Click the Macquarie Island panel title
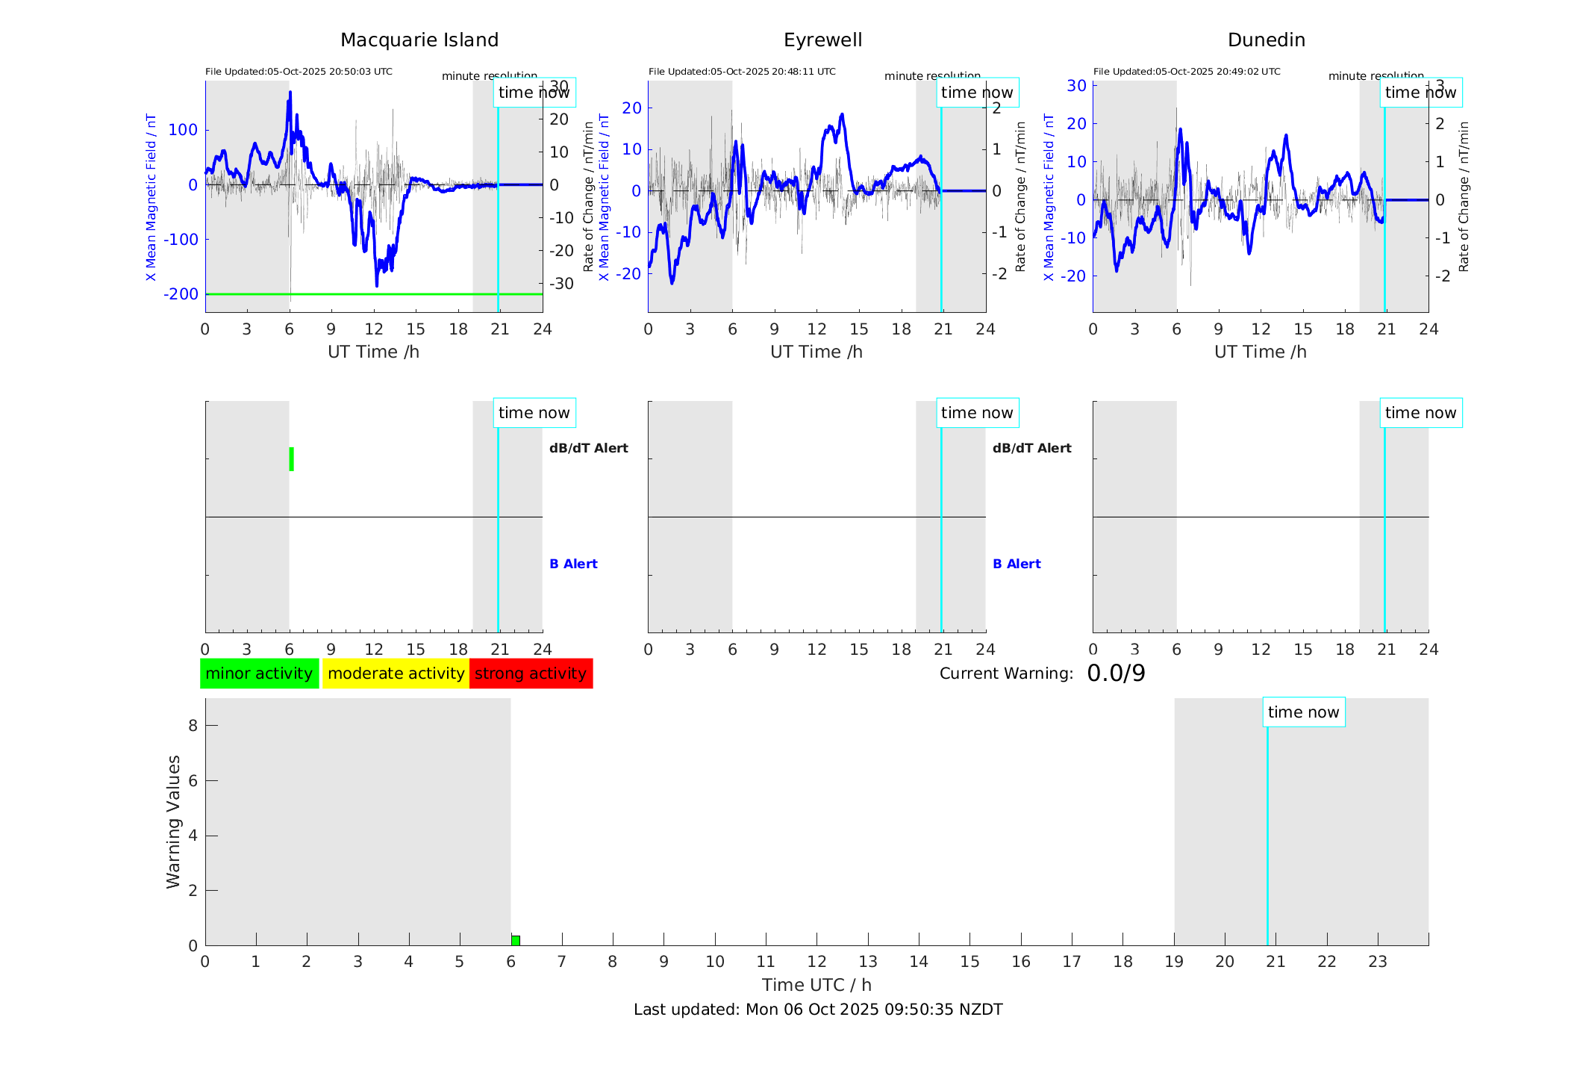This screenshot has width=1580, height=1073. [x=419, y=40]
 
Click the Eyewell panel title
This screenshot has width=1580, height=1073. [x=822, y=40]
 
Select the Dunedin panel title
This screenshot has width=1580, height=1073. [x=1266, y=40]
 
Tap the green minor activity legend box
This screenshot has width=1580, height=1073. [x=259, y=674]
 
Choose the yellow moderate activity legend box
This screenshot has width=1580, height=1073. [x=396, y=674]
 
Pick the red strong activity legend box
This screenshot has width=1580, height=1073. [x=531, y=674]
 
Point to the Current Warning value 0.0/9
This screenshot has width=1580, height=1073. [x=1116, y=674]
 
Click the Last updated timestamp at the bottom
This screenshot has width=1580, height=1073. [x=818, y=1010]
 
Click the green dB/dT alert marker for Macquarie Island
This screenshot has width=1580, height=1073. [x=291, y=459]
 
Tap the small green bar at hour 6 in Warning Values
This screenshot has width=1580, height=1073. [x=516, y=940]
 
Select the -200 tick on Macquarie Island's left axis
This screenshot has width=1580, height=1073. [x=181, y=294]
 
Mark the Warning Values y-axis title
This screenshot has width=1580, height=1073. [x=173, y=821]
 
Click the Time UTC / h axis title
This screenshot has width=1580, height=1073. [x=816, y=985]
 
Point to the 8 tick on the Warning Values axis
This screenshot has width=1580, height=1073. [x=193, y=726]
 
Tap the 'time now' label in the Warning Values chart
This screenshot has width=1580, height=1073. [x=1303, y=712]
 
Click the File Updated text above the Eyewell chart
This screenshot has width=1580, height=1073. [x=742, y=72]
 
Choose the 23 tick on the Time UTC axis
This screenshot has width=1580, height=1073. [x=1377, y=962]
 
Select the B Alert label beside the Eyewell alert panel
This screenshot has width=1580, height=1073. [x=1017, y=564]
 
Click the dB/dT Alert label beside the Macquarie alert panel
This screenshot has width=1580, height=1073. [x=588, y=448]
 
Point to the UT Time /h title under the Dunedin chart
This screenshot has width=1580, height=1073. [x=1260, y=352]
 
